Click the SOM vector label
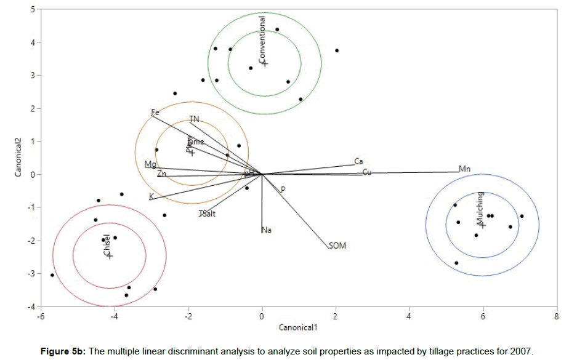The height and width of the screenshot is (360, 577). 337,246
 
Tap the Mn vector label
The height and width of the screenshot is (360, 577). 464,169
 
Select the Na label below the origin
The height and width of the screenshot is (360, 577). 267,230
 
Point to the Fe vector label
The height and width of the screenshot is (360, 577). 155,113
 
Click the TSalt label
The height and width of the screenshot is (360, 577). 207,214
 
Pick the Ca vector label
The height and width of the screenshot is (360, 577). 358,162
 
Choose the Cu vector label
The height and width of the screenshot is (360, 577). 366,172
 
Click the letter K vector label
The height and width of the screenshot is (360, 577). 151,197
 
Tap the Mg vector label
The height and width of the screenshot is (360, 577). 150,164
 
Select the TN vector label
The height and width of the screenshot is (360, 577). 194,119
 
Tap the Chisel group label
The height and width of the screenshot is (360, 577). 106,245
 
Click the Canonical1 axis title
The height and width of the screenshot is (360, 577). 298,327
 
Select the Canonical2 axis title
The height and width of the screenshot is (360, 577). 18,157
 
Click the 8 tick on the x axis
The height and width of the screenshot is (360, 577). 557,317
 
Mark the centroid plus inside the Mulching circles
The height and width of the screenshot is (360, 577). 483,225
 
